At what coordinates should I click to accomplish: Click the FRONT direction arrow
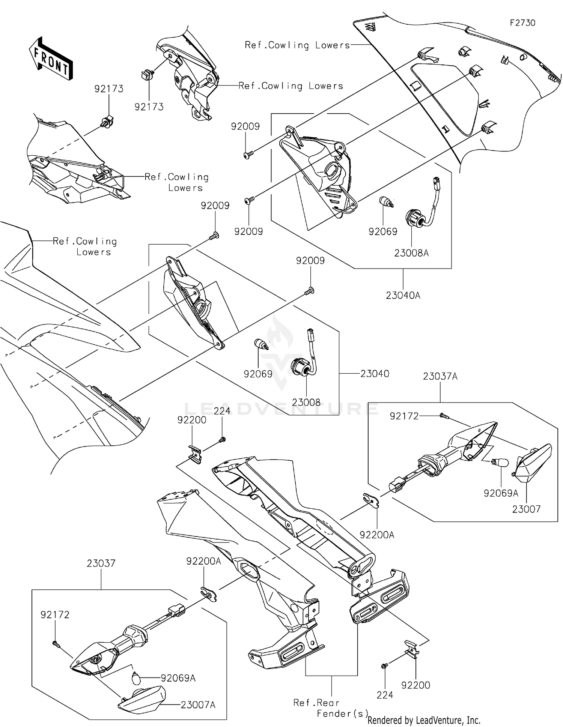tap(51, 59)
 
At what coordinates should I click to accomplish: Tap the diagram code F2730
tap(522, 23)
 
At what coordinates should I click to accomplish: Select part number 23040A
tap(403, 296)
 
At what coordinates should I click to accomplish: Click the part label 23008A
tap(411, 253)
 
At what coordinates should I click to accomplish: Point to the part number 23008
tap(306, 403)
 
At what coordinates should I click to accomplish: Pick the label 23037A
tap(440, 377)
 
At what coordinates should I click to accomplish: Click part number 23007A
tap(198, 705)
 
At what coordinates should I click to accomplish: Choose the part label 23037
tap(101, 563)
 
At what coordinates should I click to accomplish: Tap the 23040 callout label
tap(375, 374)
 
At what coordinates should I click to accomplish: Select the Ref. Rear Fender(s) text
tap(330, 708)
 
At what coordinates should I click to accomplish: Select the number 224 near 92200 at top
tap(222, 411)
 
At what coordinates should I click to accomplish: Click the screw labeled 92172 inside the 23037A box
tap(444, 416)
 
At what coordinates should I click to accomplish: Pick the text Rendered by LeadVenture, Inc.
tap(424, 720)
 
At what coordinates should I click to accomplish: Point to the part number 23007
tap(526, 509)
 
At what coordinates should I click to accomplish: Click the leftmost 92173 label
tap(109, 89)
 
